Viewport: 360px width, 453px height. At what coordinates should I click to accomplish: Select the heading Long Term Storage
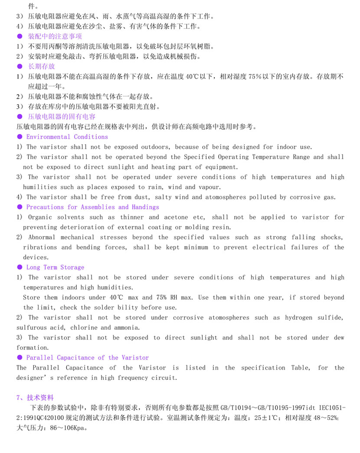pos(55,267)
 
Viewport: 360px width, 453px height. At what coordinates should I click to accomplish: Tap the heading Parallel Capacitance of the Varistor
pos(87,358)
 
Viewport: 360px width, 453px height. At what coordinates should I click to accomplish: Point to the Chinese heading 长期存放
pos(42,66)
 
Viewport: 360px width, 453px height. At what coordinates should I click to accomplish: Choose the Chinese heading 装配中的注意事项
pos(55,36)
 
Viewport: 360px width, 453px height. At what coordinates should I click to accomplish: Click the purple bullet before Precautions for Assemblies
pos(20,207)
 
